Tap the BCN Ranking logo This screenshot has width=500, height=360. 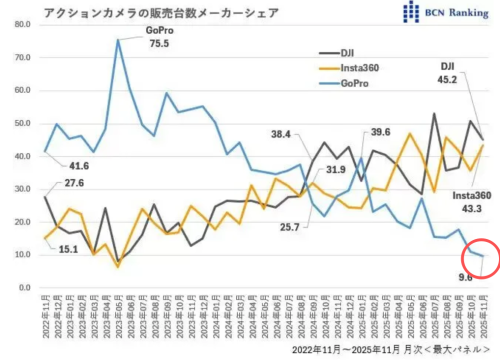pos(443,12)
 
